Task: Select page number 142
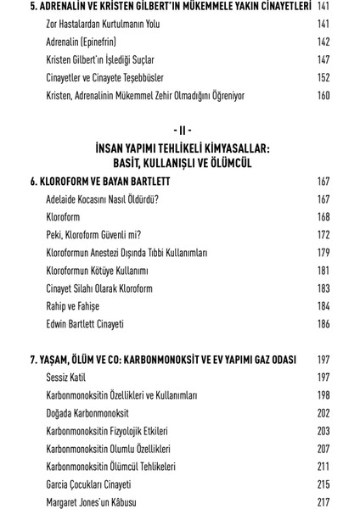click(x=323, y=42)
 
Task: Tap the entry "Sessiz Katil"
click(x=66, y=377)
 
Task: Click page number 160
click(x=323, y=95)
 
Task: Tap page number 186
click(x=323, y=324)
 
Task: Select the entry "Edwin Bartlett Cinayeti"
click(x=86, y=324)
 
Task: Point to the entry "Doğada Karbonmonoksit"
click(x=87, y=412)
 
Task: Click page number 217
click(x=323, y=501)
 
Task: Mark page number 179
click(x=323, y=253)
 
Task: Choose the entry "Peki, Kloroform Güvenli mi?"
click(x=93, y=235)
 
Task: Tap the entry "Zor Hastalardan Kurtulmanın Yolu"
click(x=104, y=24)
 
